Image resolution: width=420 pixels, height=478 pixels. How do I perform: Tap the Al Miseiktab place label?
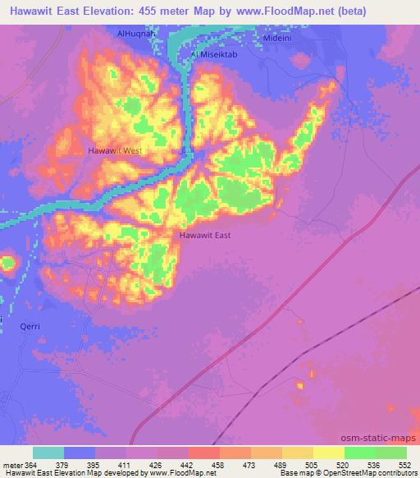click(215, 54)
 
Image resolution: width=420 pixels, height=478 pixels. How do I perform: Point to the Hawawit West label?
click(116, 151)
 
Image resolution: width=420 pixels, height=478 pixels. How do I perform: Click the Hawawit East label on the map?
click(205, 236)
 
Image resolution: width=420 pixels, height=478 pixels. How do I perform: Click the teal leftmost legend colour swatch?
click(48, 453)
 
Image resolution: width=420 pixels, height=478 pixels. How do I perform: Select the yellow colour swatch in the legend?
click(328, 453)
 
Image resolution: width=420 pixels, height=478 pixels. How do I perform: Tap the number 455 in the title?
click(157, 11)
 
